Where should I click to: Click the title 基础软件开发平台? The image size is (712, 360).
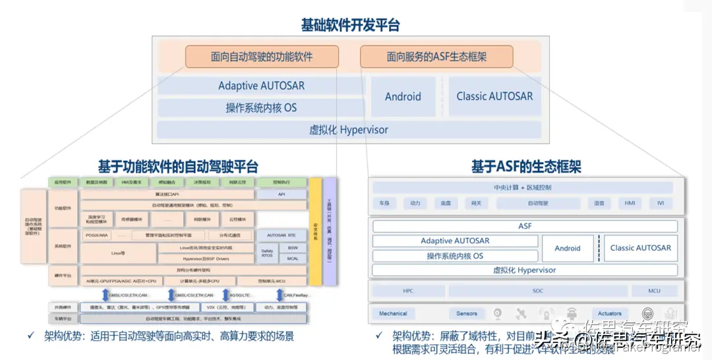[350, 26]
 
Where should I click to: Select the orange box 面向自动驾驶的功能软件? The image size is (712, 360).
[262, 57]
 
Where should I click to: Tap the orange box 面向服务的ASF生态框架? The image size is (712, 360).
[436, 57]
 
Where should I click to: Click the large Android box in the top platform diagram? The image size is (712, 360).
[403, 96]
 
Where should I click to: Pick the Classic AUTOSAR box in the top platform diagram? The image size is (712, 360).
[494, 96]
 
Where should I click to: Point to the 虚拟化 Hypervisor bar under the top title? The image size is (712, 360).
[349, 130]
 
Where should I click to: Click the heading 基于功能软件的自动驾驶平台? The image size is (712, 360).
[178, 166]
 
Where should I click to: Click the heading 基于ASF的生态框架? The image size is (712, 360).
[525, 166]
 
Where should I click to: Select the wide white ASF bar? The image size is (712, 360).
[525, 226]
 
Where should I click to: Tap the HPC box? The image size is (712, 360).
[408, 291]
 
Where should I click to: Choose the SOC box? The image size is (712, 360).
[537, 291]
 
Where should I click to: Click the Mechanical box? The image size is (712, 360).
[394, 314]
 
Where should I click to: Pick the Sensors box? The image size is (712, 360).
[467, 314]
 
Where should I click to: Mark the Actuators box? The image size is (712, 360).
[610, 314]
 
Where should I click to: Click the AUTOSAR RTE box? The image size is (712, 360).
[282, 235]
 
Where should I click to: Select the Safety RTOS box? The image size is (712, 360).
[267, 253]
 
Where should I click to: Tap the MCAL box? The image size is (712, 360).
[293, 258]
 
